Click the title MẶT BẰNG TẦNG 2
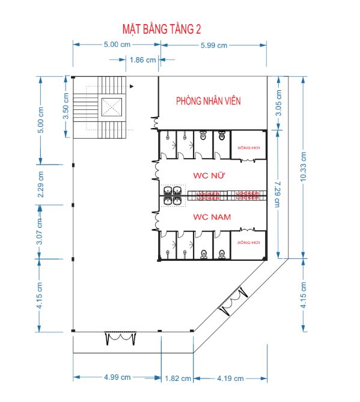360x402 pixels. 162,29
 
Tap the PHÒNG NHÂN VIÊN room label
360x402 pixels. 208,101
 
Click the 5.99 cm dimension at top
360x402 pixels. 213,44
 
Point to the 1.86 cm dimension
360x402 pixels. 142,59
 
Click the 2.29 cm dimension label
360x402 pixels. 40,183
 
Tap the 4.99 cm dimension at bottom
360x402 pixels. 117,377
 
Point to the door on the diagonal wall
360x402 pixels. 233,301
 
